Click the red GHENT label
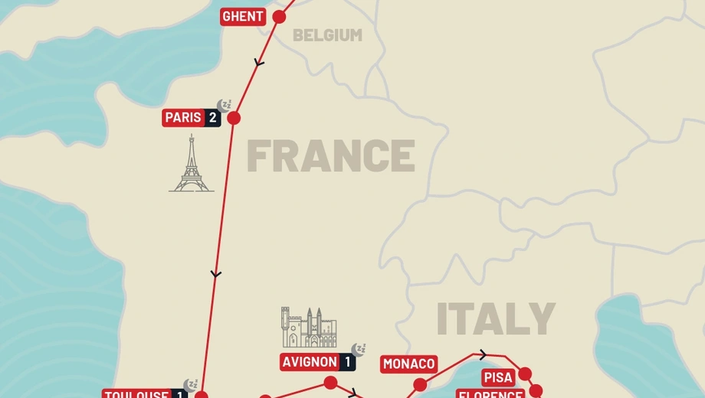click(x=243, y=17)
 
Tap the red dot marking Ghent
click(x=279, y=17)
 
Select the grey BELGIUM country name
click(x=327, y=35)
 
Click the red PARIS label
click(x=183, y=118)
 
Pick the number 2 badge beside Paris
click(x=212, y=118)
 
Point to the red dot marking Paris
click(x=234, y=118)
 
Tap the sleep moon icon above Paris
click(x=223, y=105)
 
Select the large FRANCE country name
click(x=330, y=156)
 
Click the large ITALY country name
click(x=495, y=319)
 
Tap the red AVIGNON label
click(x=309, y=362)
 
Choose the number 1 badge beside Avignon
click(x=347, y=362)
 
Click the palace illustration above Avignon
click(x=309, y=327)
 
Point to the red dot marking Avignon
click(x=330, y=382)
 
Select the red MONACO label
click(x=409, y=364)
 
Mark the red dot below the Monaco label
click(x=420, y=385)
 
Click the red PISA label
click(x=498, y=377)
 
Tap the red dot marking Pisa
click(x=525, y=374)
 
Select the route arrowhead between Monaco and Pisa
click(x=483, y=354)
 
